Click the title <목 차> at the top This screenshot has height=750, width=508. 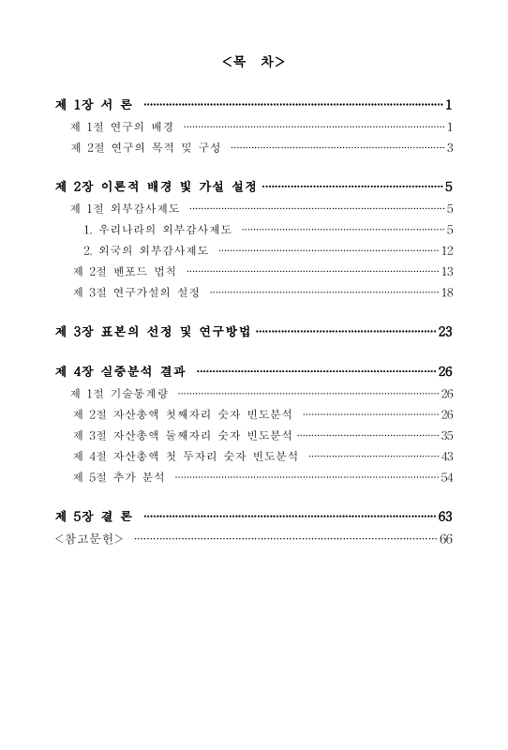254,63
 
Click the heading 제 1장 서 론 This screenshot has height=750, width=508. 95,104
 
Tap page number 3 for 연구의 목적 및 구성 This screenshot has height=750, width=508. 450,147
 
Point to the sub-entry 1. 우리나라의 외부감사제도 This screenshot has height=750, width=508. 157,229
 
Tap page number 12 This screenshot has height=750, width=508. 446,250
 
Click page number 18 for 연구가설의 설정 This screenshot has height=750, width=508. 446,292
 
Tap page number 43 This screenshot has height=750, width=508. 446,457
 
